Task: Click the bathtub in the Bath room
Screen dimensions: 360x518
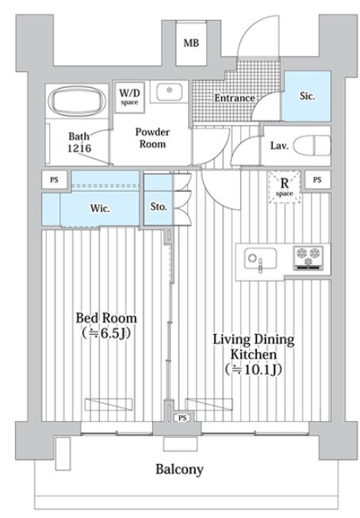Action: coord(77,101)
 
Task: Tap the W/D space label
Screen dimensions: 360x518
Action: coord(129,96)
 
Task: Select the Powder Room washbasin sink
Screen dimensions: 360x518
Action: coord(169,92)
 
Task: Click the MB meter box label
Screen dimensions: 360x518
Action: coord(191,43)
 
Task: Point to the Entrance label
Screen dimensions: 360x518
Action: coord(235,98)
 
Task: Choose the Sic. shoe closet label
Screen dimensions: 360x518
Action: coord(307,96)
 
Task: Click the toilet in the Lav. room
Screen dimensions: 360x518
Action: coord(312,146)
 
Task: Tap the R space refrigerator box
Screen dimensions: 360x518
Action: coord(285,186)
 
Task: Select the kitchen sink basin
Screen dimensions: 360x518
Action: coord(260,259)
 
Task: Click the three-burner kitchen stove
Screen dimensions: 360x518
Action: coord(308,258)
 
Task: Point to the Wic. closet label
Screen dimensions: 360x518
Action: coord(100,209)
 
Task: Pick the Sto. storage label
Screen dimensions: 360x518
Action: coord(159,207)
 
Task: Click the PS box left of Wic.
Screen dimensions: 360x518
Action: coord(55,179)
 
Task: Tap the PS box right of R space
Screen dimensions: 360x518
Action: coord(317,180)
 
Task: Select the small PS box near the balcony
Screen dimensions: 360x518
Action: coord(182,418)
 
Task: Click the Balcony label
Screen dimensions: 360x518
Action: coord(179,470)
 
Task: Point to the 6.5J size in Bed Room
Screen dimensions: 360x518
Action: coord(106,333)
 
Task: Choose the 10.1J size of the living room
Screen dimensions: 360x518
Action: coord(253,370)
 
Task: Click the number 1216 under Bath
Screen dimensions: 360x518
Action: coord(79,148)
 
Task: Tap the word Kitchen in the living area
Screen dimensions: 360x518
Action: coord(253,355)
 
